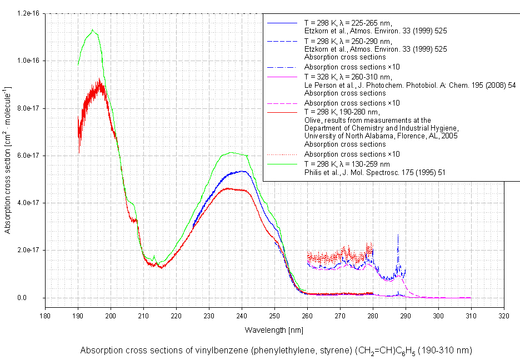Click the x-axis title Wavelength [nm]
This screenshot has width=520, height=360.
(x=273, y=330)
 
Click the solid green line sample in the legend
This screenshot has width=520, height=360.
(x=283, y=164)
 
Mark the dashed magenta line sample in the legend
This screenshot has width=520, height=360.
(x=283, y=103)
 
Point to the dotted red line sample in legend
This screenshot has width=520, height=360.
(x=283, y=154)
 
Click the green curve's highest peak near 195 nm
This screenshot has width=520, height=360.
(x=93, y=30)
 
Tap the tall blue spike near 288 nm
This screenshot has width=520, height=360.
(x=398, y=236)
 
